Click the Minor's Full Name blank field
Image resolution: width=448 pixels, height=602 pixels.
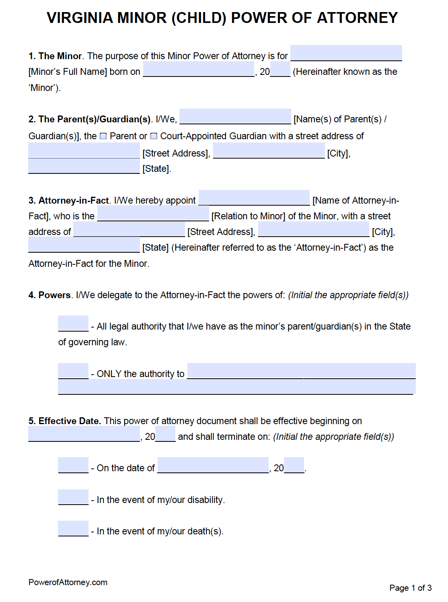346,53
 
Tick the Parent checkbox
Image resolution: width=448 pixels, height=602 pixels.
103,136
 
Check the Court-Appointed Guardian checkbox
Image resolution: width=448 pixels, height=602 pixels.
154,136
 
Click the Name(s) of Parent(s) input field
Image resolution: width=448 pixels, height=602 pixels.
235,117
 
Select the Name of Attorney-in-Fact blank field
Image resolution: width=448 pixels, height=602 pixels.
254,198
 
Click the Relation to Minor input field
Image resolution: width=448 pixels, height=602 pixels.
153,214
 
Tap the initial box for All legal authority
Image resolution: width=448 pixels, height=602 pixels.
73,324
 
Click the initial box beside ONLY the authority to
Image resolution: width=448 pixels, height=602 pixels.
73,371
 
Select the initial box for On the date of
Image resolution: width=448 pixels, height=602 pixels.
73,465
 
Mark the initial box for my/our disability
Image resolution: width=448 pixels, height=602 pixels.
73,497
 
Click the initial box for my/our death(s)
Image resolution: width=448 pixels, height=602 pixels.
73,528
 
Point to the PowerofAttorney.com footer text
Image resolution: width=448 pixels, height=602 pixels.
68,582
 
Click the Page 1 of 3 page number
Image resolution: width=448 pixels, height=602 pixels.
410,588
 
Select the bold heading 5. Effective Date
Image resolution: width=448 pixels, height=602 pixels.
65,421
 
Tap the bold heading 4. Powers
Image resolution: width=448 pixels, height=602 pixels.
49,295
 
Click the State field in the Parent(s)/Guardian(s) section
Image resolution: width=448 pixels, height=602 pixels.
84,166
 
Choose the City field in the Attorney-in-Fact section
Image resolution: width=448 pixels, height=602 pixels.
314,229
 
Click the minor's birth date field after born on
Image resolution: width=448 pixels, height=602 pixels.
199,69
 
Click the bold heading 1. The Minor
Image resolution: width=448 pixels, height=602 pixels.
55,56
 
